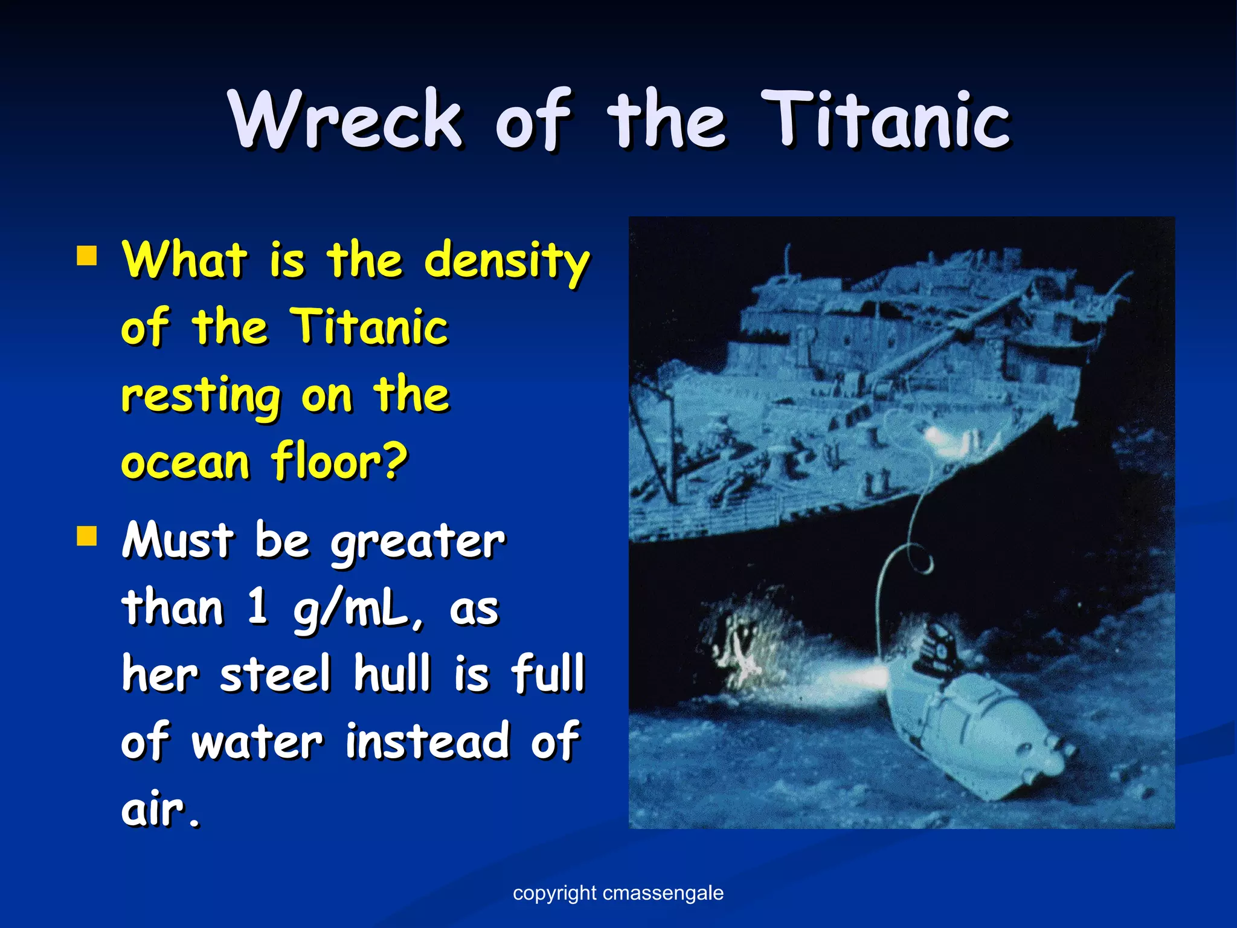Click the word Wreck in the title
[345, 119]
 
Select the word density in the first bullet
[506, 261]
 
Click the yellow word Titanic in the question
[370, 327]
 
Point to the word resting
[201, 396]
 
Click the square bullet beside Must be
[87, 535]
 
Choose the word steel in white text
[275, 674]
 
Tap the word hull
[392, 674]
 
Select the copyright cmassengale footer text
[618, 893]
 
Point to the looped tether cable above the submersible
[906, 562]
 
